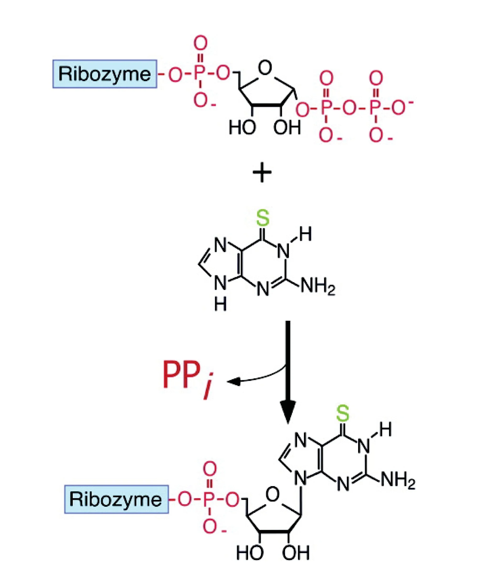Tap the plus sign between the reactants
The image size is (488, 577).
[262, 172]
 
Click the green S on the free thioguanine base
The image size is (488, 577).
[262, 218]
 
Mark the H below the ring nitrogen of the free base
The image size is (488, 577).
[221, 305]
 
